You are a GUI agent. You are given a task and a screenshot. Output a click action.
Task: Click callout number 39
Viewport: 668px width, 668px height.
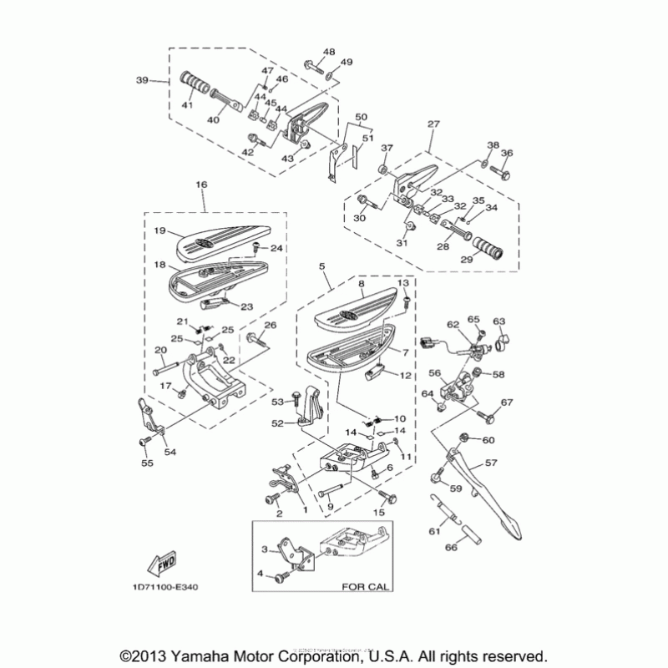141,80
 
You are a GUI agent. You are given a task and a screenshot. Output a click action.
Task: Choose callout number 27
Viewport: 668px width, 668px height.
433,124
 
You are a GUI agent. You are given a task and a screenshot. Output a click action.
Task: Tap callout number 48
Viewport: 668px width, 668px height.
328,52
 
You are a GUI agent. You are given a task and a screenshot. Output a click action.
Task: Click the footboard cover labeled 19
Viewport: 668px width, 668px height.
215,239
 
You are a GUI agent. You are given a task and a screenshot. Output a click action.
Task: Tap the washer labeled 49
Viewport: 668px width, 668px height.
334,77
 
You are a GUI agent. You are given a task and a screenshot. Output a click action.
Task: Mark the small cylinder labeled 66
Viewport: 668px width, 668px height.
464,529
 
